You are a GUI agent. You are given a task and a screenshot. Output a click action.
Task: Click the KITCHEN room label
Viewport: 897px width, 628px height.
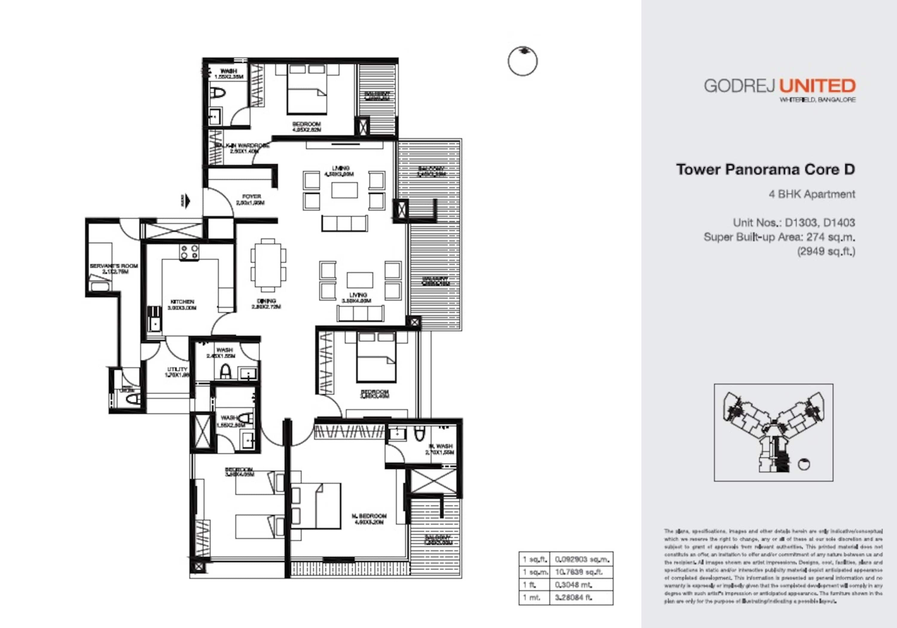(x=182, y=302)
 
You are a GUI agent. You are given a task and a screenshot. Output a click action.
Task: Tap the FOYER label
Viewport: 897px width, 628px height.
(x=251, y=196)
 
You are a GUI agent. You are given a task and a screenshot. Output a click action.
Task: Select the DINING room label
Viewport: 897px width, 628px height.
(x=266, y=301)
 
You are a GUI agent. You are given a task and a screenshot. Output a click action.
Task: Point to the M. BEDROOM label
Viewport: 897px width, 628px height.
(x=369, y=516)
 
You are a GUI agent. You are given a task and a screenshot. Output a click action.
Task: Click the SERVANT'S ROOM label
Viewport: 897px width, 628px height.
(x=114, y=266)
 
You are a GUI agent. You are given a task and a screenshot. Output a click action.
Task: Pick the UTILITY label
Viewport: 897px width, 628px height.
(x=177, y=369)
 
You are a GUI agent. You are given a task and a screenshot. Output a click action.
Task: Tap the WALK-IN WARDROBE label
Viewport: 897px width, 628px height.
(x=242, y=146)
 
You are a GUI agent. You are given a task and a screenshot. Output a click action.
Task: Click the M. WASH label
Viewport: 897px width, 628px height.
(x=440, y=446)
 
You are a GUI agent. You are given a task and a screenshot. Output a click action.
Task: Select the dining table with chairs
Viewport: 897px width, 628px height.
(x=268, y=265)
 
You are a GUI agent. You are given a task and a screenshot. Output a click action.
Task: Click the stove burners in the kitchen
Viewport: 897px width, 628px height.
(x=189, y=252)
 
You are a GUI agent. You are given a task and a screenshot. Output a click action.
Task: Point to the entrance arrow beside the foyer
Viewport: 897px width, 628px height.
(x=187, y=201)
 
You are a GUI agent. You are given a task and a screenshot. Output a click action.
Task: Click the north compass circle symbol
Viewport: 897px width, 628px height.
(x=522, y=61)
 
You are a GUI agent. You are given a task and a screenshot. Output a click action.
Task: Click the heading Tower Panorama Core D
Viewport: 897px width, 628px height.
(x=765, y=169)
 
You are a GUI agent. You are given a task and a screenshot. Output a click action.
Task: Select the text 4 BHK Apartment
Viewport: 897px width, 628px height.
(x=812, y=194)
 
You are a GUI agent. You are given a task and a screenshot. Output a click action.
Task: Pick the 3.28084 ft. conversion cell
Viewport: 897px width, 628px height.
(x=573, y=597)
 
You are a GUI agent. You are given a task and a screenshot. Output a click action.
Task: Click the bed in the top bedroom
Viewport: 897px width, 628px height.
(x=307, y=89)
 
